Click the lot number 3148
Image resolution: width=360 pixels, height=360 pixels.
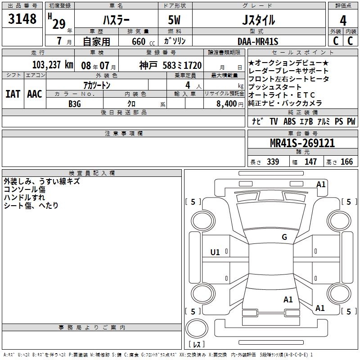pyautogui.click(x=22, y=19)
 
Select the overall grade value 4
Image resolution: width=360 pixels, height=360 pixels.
pyautogui.click(x=343, y=21)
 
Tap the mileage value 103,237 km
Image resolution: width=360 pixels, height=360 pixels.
pyautogui.click(x=53, y=65)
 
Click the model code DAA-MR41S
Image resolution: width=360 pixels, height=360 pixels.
pyautogui.click(x=258, y=41)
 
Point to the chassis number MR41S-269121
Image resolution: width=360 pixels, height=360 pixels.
pyautogui.click(x=302, y=143)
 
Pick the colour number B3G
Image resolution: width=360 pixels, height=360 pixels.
pyautogui.click(x=75, y=104)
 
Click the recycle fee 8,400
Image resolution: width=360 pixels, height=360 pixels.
pyautogui.click(x=226, y=104)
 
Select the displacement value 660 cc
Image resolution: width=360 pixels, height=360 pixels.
pyautogui.click(x=143, y=42)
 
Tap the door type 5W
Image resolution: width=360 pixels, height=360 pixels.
pyautogui.click(x=174, y=20)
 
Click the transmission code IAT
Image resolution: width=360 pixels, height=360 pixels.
pyautogui.click(x=13, y=94)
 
